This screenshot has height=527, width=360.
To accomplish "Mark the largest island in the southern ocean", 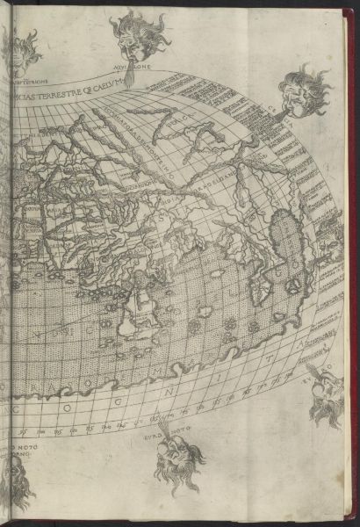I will [140, 312].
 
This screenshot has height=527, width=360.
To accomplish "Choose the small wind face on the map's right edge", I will [329, 234].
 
